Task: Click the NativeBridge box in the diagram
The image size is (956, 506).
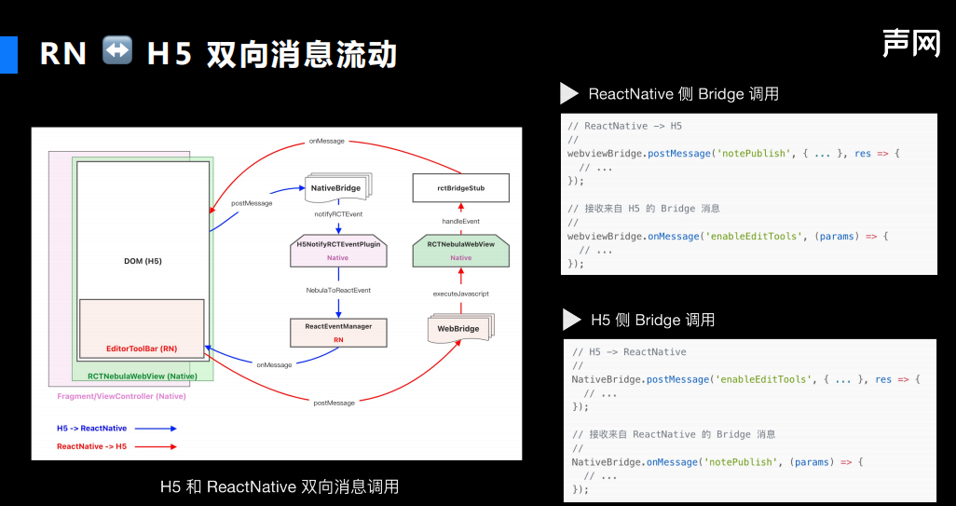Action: pos(336,187)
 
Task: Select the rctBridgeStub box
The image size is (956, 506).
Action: pos(461,188)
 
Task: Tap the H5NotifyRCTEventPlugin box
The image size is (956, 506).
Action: pos(337,250)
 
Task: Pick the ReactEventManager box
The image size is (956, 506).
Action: pos(338,333)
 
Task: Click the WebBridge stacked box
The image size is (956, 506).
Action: pos(459,328)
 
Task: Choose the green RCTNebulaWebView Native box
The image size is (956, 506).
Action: pos(460,250)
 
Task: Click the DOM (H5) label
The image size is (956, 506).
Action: pos(143,261)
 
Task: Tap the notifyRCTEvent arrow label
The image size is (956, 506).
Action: pos(338,214)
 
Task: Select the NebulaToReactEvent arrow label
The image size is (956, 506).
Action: pos(338,291)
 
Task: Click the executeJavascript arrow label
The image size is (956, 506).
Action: pos(460,294)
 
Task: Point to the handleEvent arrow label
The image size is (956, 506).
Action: pos(460,221)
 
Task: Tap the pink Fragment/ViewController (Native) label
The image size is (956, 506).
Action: pos(121,397)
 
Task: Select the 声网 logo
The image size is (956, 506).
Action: pos(911,43)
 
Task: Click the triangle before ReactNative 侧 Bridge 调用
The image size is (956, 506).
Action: pos(569,93)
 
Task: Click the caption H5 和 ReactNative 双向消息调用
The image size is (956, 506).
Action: pos(280,486)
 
